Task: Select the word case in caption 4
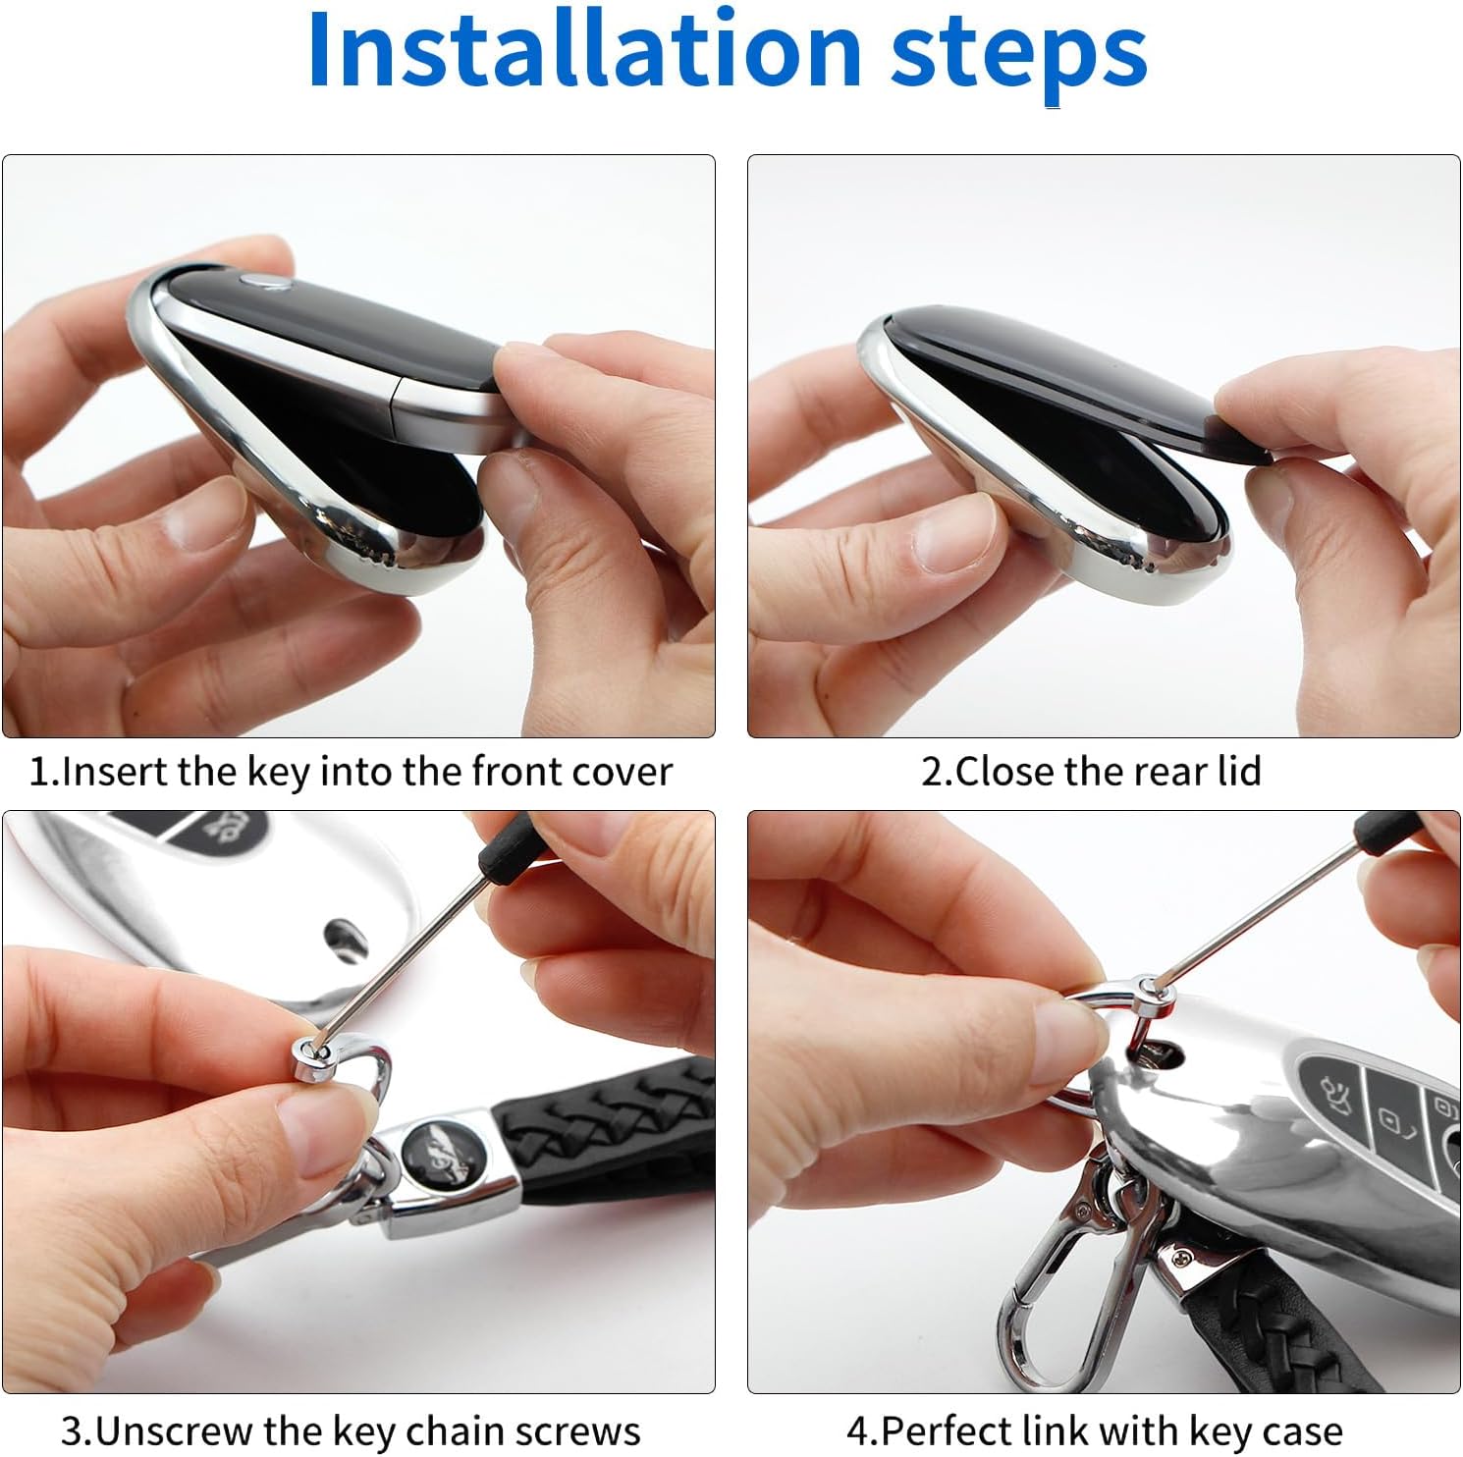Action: click(x=1300, y=1431)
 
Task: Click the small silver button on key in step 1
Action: click(x=264, y=284)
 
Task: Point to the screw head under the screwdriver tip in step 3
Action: click(x=311, y=1051)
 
